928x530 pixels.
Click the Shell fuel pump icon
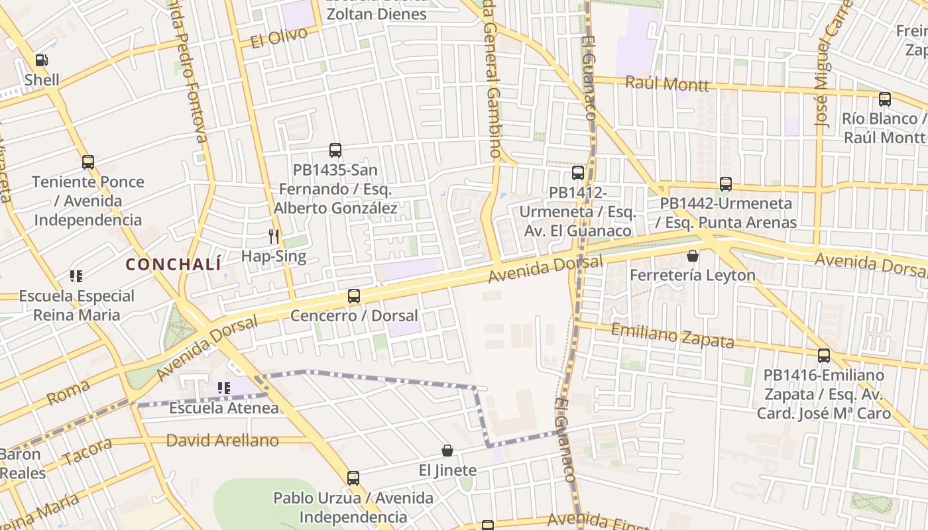tap(41, 60)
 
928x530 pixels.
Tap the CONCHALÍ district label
tap(173, 264)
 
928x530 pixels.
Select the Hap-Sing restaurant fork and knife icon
tap(273, 236)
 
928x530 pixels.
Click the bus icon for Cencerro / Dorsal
tap(354, 296)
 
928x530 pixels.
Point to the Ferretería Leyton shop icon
tap(693, 256)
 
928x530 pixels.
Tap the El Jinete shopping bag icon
tap(447, 451)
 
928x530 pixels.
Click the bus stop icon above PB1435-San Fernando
tap(335, 150)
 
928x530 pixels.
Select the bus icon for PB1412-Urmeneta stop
tap(578, 173)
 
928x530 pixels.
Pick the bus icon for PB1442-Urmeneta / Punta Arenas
tap(726, 184)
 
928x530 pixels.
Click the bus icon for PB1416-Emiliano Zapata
tap(824, 356)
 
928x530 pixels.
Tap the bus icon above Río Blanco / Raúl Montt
tap(885, 99)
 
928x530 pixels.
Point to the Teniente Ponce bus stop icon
tap(88, 162)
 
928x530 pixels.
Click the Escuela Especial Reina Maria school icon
tap(76, 276)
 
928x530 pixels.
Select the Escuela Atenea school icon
tap(224, 388)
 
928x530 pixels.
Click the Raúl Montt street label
tap(667, 84)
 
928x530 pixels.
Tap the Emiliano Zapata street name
tap(672, 336)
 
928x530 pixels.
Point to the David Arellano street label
tap(222, 441)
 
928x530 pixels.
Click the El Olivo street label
tap(279, 38)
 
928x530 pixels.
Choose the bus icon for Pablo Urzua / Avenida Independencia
tap(353, 478)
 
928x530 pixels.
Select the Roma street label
tap(68, 394)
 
